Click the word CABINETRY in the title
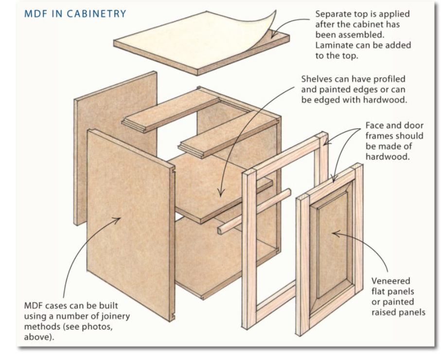(98, 14)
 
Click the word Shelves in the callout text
(317, 79)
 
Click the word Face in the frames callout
(375, 126)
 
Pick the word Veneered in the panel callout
(391, 281)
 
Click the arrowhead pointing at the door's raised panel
(335, 234)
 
